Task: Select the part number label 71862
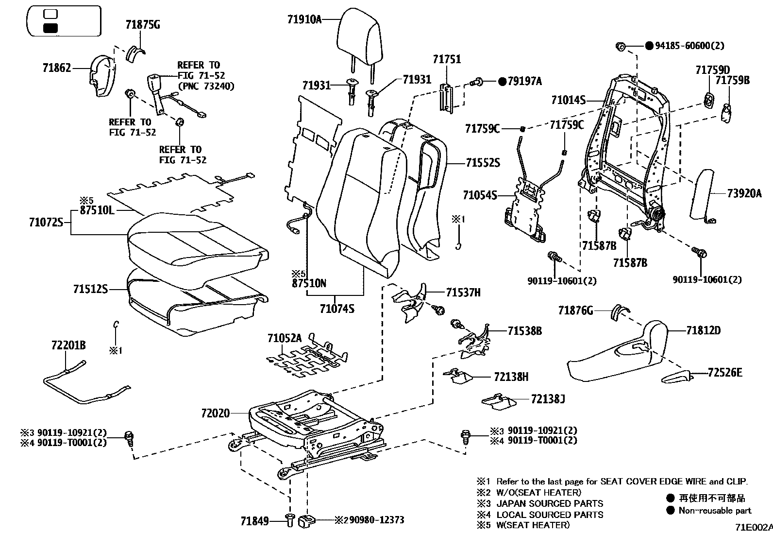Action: [56, 68]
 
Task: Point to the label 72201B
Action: [68, 345]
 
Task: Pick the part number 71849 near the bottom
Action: [254, 521]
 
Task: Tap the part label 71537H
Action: [463, 292]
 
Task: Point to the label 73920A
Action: [744, 193]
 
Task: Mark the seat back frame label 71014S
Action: [568, 101]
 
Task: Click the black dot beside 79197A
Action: [502, 81]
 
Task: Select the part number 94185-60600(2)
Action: [689, 46]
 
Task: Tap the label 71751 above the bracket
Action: [447, 59]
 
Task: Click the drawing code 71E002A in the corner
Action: [753, 527]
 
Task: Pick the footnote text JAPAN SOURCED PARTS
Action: [550, 503]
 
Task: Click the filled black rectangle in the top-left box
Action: [50, 28]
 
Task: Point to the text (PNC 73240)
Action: [206, 86]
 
